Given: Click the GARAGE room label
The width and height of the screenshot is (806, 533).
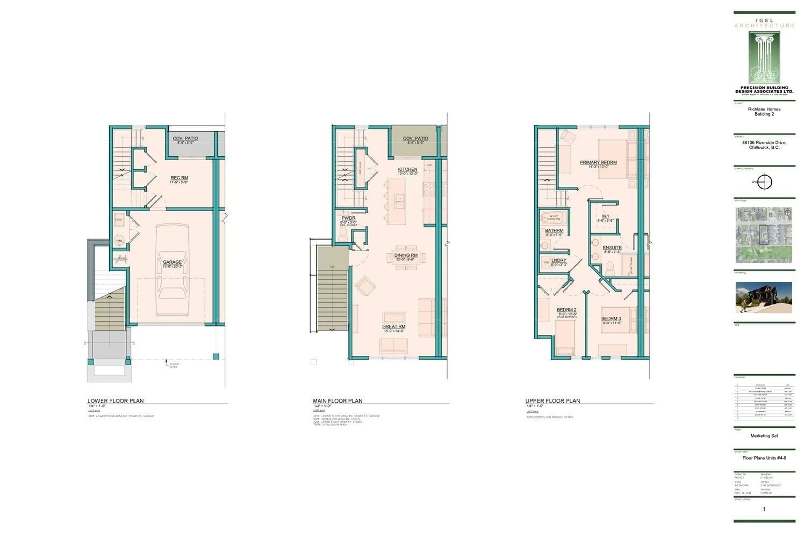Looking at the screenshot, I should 172,262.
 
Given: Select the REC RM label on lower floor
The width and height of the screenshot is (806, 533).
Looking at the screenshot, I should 179,178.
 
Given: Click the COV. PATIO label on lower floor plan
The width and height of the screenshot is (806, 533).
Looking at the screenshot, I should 185,138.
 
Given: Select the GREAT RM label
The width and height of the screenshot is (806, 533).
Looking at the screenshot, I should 393,326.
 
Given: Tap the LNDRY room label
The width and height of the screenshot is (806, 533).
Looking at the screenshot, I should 559,260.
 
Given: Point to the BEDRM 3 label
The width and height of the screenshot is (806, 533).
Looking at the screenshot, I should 611,318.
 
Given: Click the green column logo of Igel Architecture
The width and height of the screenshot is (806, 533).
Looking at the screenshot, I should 764,58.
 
